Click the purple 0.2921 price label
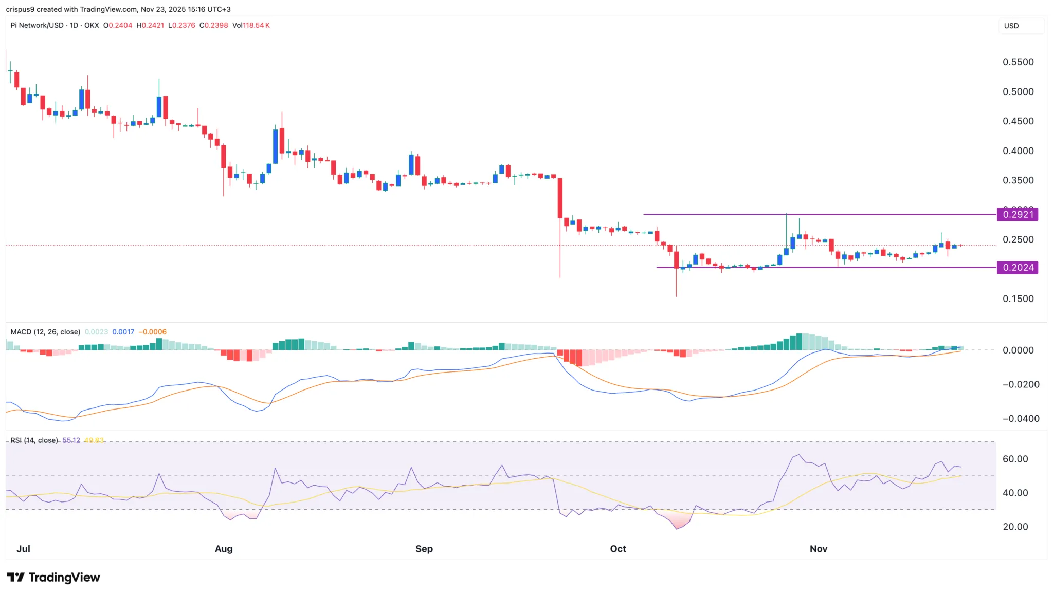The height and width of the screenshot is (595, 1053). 1017,214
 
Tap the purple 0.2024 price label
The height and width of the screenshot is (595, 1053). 1017,267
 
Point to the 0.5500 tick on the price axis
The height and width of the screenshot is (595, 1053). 1018,62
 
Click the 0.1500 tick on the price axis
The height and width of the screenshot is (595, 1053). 1018,299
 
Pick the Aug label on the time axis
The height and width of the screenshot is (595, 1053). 224,549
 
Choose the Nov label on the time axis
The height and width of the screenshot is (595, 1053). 818,549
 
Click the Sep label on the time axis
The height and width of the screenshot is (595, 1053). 424,549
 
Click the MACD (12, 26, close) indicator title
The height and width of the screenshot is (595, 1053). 45,332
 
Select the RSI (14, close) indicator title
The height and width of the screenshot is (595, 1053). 34,440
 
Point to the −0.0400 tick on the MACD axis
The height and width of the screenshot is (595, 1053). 1020,419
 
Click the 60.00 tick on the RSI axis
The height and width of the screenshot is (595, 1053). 1015,459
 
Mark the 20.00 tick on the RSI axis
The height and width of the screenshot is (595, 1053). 1015,527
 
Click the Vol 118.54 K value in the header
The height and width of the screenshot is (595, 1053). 251,25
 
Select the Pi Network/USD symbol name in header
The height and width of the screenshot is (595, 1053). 37,25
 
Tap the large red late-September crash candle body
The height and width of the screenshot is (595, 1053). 560,198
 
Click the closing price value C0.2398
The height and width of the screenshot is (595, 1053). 213,25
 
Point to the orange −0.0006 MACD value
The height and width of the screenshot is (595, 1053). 153,332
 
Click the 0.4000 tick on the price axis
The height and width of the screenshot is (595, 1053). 1018,151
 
